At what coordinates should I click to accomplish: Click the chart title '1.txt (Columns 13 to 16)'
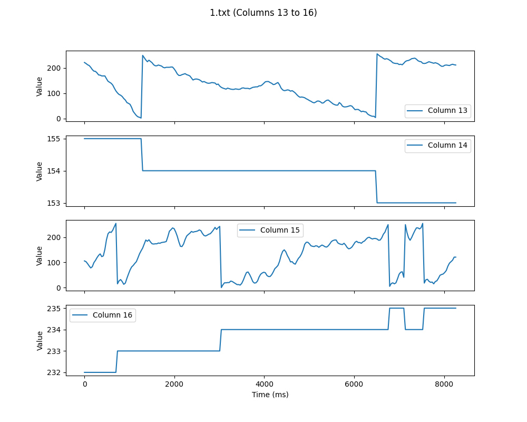263,13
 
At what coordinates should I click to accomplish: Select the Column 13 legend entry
447,111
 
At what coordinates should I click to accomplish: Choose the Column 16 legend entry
113,315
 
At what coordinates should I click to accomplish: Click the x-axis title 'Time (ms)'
270,395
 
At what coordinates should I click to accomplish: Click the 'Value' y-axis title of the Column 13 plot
40,86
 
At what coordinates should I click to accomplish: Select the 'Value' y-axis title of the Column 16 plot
40,340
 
